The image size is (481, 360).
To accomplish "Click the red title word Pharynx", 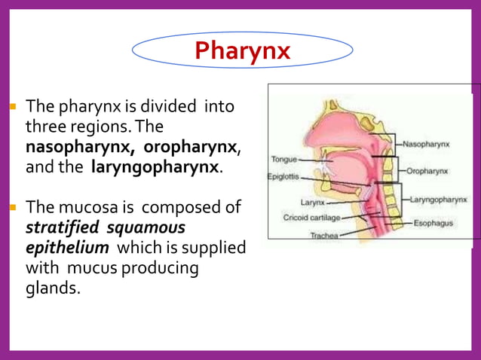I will pyautogui.click(x=242, y=50).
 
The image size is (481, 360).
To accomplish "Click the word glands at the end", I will pyautogui.click(x=52, y=288).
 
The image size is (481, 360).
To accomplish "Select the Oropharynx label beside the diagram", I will pyautogui.click(x=427, y=171).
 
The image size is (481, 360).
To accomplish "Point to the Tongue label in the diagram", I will pyautogui.click(x=283, y=160).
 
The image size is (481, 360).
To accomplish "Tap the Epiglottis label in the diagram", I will pyautogui.click(x=283, y=178).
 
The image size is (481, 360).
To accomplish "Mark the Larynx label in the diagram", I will pyautogui.click(x=312, y=203).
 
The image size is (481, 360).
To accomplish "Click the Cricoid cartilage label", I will pyautogui.click(x=311, y=218).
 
